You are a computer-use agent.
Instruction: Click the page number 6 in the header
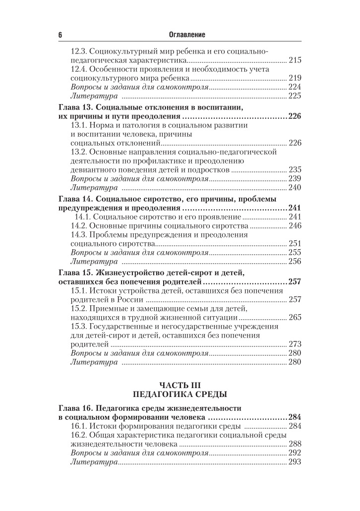pos(60,35)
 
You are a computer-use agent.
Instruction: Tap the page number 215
pos(295,60)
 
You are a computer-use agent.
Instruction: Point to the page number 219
pos(295,78)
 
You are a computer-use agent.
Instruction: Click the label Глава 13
pos(75,108)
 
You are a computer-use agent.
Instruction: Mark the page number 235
pos(295,170)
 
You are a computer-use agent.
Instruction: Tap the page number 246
pos(295,226)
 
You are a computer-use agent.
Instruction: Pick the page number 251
pos(295,244)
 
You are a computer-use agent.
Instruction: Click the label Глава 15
pos(75,273)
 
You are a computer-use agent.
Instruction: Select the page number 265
pos(295,318)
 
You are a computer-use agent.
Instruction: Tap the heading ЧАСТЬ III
pos(180,385)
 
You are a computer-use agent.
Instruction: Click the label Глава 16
pos(75,408)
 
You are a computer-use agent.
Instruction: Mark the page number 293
pos(295,462)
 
